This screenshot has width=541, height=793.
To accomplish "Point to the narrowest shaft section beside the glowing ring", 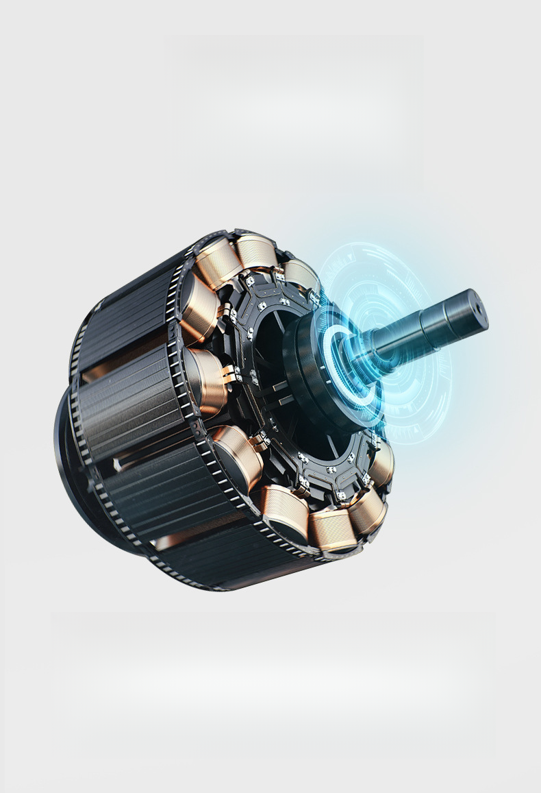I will click(x=383, y=343).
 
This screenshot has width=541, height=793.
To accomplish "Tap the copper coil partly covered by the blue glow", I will click(x=301, y=274).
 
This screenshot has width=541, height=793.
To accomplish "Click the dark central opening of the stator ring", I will click(x=274, y=343).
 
